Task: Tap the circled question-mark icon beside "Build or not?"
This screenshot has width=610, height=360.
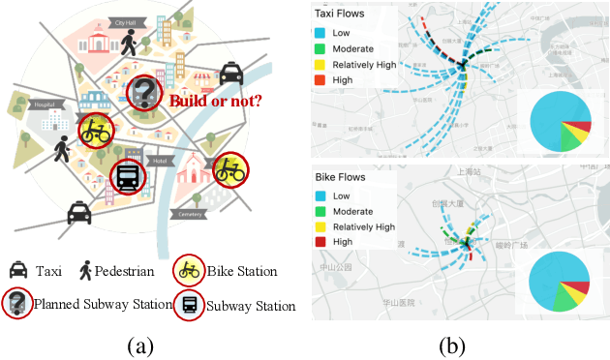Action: tap(145, 93)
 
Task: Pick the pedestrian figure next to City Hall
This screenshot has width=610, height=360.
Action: tap(130, 42)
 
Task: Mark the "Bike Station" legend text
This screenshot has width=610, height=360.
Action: tap(243, 271)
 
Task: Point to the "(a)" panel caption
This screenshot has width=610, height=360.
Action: tap(136, 344)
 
